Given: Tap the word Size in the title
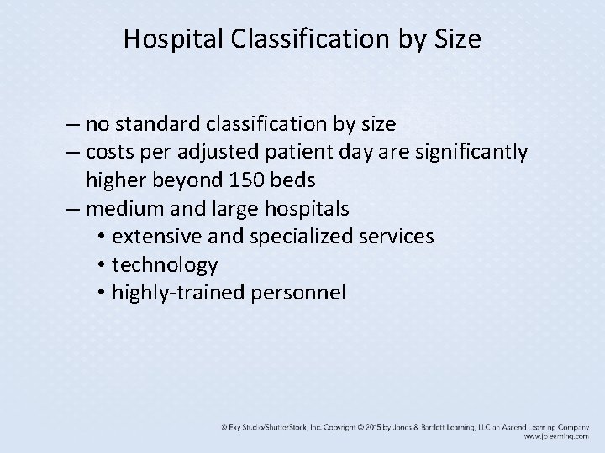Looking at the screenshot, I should [x=459, y=40].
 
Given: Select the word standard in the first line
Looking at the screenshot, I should [x=157, y=125].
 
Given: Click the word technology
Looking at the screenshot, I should [x=165, y=265].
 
